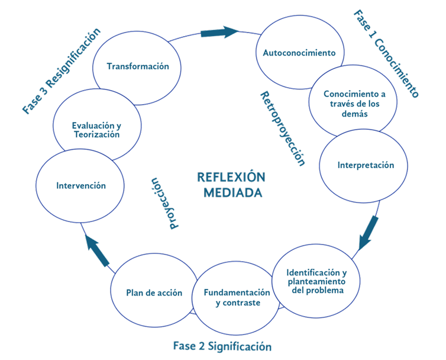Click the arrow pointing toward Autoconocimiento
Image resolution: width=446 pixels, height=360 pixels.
[219, 32]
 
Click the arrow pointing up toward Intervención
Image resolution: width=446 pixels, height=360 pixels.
[97, 250]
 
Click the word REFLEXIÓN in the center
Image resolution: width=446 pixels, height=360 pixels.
[231, 177]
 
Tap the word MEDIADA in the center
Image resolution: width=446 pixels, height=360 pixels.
[233, 193]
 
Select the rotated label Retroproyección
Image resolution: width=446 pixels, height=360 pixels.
[283, 128]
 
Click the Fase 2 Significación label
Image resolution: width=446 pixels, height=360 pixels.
[222, 346]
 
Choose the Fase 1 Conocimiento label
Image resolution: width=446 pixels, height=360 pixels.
[386, 53]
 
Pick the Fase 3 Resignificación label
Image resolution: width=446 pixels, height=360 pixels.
[62, 71]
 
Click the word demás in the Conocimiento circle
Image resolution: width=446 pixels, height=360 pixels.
[354, 114]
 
